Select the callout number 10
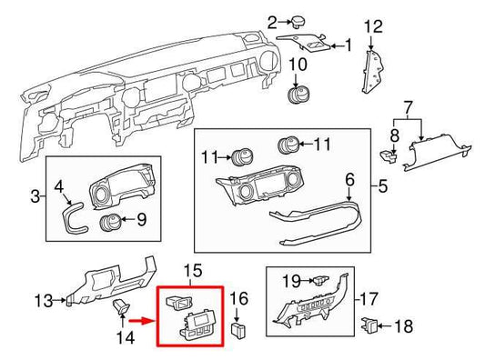(x=298, y=65)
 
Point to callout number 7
(x=408, y=109)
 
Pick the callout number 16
(x=239, y=297)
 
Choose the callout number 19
(x=290, y=281)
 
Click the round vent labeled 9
(x=114, y=219)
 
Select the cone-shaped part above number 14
(x=118, y=310)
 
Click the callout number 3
(x=34, y=195)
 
